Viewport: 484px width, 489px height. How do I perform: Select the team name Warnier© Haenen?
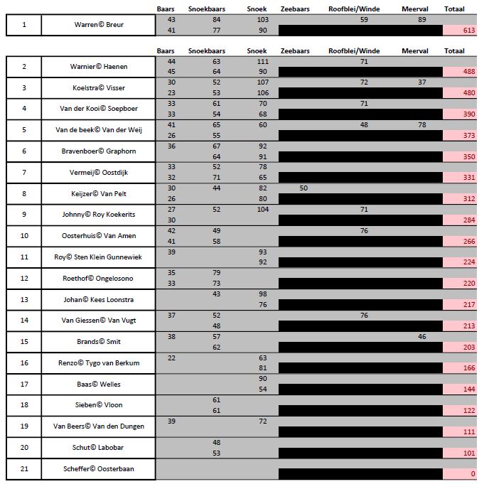(98, 67)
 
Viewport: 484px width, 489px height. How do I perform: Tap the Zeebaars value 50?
(303, 188)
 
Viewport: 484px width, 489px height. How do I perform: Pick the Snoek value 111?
(263, 62)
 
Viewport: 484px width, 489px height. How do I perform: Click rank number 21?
(24, 468)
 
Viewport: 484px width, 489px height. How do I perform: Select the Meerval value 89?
(422, 20)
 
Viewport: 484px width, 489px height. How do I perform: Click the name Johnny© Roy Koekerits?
(98, 215)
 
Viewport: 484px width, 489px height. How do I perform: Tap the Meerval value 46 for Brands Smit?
(422, 336)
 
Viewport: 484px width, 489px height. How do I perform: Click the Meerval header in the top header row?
(414, 9)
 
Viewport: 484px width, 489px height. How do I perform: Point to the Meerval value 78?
(422, 124)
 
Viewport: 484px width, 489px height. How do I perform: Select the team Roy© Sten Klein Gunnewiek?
(98, 257)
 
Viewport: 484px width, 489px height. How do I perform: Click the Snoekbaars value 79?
(217, 272)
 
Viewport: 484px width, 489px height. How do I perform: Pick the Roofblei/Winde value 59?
(364, 20)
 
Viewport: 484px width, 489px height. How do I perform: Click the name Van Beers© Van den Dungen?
(98, 426)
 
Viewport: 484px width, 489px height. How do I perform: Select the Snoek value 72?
(263, 421)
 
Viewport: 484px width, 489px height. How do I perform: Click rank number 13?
(24, 299)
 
